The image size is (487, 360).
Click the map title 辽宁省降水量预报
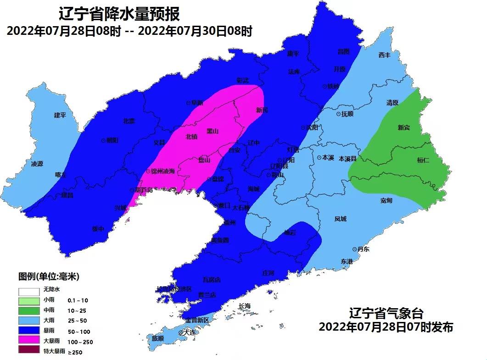[x=119, y=14]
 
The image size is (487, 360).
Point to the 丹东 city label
[x=363, y=249]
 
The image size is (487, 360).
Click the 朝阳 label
[x=112, y=140]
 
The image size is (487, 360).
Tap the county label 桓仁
[x=423, y=160]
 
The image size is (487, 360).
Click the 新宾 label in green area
[x=404, y=127]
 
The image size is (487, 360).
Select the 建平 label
[x=60, y=115]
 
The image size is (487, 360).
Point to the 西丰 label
[x=384, y=55]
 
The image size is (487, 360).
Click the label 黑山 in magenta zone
[x=213, y=131]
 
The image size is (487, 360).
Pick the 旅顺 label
[x=157, y=338]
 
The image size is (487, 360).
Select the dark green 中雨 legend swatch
[x=28, y=311]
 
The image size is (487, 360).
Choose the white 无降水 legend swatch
[x=28, y=291]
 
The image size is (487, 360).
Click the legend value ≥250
[x=75, y=352]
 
